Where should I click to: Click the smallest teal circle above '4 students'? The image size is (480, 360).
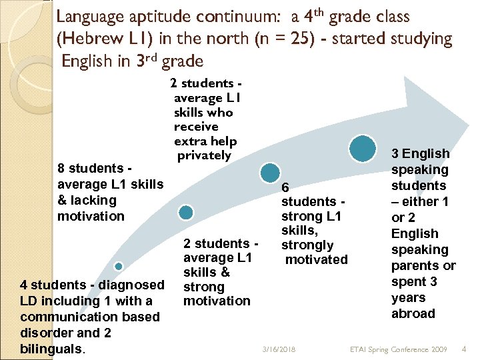(119, 266)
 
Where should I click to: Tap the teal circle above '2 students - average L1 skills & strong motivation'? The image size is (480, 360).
(186, 213)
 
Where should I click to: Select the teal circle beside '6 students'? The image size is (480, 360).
(270, 171)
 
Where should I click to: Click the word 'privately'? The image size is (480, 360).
(204, 155)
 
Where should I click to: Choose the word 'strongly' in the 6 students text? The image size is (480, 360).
(307, 245)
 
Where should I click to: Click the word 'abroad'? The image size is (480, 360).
(413, 313)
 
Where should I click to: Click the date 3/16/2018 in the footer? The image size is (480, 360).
(279, 349)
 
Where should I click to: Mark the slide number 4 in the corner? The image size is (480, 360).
(465, 348)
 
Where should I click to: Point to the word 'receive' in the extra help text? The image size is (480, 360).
(196, 126)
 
